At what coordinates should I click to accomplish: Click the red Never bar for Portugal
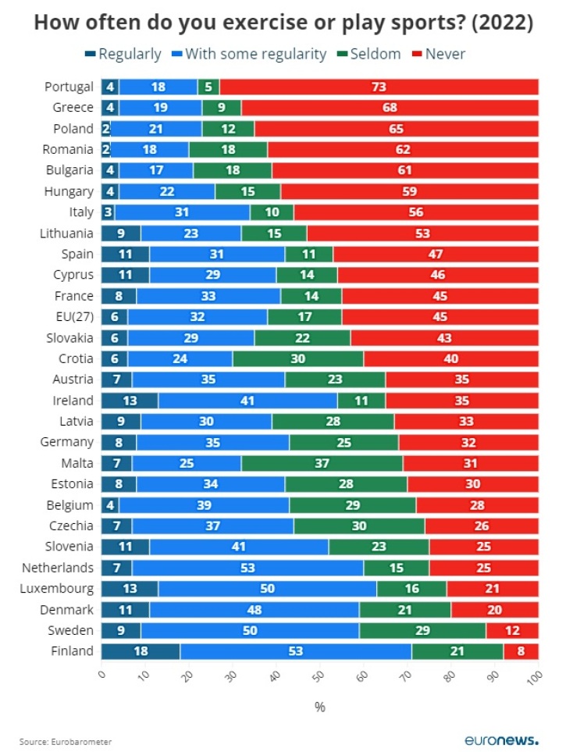pos(379,87)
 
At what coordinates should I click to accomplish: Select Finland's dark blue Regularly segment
pos(141,651)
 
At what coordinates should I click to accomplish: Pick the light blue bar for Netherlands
pos(247,568)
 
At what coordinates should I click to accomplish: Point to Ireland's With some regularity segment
pos(247,401)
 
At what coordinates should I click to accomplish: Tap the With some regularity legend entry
pos(251,54)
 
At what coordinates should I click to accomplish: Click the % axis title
pos(319,707)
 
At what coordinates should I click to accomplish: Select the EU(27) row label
pos(74,317)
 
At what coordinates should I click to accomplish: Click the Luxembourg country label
pos(57,589)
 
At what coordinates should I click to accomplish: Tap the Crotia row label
pos(75,358)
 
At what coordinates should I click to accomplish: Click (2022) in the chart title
pos(501,23)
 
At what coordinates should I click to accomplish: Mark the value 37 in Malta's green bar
pos(321,463)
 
